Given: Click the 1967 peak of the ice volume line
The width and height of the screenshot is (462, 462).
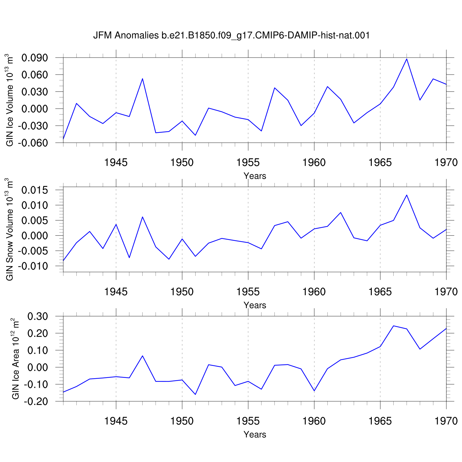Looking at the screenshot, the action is tap(407, 59).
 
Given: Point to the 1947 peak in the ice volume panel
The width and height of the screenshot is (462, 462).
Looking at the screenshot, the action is tap(142, 79).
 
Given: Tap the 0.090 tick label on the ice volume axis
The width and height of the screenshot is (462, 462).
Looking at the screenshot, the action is tap(34, 58).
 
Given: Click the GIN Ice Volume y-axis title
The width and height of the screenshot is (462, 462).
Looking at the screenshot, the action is tap(10, 100).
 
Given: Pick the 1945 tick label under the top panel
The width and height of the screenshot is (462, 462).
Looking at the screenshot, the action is tap(116, 162).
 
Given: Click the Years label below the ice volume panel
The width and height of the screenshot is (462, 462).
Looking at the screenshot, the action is tap(255, 176).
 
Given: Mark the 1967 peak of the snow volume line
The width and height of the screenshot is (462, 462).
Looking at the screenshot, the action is tap(407, 195).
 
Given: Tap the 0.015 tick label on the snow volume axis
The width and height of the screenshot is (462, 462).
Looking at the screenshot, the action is tap(34, 190).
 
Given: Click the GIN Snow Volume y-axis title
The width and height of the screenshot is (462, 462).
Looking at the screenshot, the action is tap(10, 229).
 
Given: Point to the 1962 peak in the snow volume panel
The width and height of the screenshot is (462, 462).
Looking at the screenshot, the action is tap(340, 213).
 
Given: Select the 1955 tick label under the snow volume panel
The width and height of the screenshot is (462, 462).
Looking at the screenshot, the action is tap(248, 292).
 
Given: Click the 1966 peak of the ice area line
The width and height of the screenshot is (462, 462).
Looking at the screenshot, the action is tap(393, 326).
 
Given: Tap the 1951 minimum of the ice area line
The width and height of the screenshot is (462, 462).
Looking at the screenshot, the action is tap(195, 394).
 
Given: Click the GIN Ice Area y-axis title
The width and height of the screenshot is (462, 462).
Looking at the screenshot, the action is tap(15, 359).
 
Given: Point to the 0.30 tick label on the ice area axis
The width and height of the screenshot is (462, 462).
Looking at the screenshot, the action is tap(38, 316).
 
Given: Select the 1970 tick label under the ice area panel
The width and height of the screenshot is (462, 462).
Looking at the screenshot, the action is tap(446, 421).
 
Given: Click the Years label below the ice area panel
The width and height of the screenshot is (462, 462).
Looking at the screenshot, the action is tap(255, 435).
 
